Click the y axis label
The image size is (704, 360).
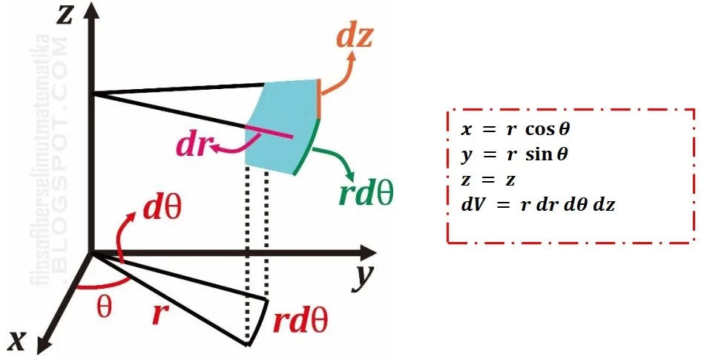pos(363,276)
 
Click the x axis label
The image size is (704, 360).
pos(18,340)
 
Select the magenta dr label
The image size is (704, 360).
pos(191,145)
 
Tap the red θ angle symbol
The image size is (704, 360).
pos(104,306)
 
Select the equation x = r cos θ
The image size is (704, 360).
pos(516,129)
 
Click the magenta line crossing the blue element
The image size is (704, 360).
pos(267,131)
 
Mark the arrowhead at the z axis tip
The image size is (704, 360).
pos(89,13)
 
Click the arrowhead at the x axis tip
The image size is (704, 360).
pos(42,343)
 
